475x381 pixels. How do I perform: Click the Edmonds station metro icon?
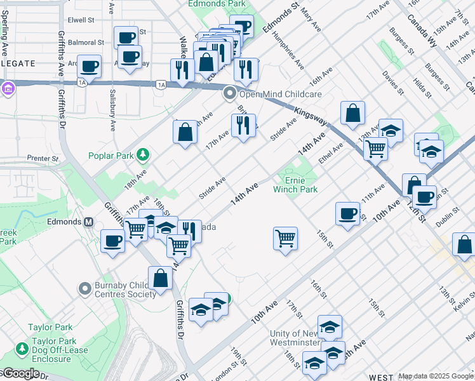(89, 222)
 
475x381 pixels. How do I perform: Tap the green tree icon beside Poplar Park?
(144, 154)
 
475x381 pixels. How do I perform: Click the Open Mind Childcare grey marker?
(229, 94)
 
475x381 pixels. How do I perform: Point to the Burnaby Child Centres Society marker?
(85, 290)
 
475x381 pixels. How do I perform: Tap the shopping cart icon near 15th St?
(285, 239)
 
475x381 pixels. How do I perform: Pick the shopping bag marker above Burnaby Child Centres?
(161, 278)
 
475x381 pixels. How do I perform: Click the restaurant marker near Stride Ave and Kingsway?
(243, 126)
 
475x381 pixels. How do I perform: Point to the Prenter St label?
(42, 158)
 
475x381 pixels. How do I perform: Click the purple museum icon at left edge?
(7, 89)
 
